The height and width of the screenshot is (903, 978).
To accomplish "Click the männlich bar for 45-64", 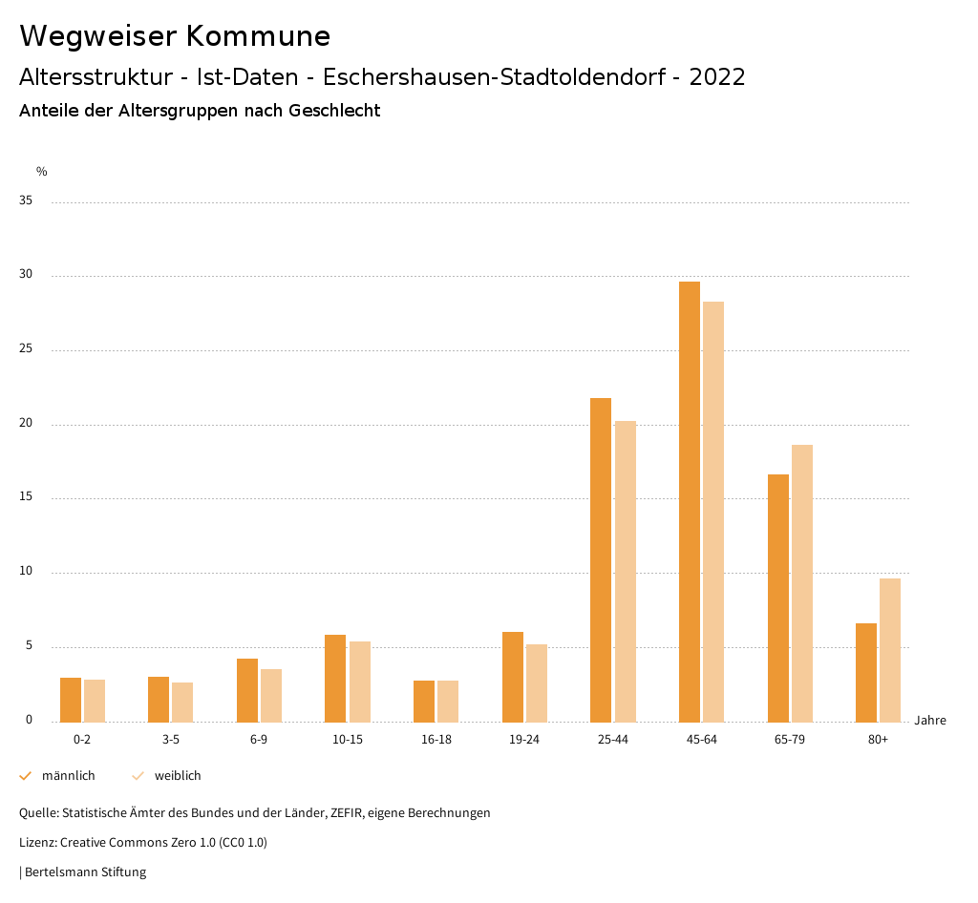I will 690,501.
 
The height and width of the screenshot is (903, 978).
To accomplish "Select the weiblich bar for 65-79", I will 802,583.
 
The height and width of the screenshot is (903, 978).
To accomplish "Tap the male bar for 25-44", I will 601,559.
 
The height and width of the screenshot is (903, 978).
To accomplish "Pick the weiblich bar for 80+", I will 890,650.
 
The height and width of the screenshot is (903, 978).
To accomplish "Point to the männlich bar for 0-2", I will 71,700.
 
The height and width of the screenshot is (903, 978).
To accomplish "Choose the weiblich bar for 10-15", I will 360,682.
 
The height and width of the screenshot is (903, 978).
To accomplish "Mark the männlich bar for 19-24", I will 513,677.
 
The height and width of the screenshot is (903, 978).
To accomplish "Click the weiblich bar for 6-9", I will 271,695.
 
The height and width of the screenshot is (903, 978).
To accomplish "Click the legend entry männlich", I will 68,776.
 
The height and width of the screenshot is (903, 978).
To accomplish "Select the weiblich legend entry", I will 178,776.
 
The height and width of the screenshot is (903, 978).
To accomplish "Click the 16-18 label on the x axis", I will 436,740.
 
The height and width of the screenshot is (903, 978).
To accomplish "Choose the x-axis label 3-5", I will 171,740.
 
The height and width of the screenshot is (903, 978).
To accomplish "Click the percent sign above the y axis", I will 42,172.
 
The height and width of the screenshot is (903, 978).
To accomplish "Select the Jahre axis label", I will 930,721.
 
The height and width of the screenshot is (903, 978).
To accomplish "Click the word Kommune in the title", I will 258,36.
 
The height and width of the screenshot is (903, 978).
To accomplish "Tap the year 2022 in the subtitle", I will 717,77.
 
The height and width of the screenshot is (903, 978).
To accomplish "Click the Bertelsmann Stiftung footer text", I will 85,872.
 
